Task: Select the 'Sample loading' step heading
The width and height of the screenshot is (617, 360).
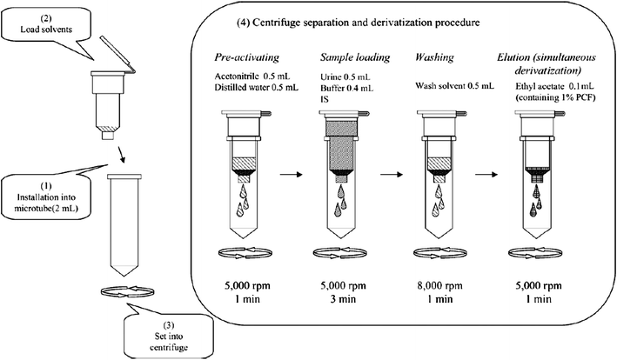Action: pos(348,58)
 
